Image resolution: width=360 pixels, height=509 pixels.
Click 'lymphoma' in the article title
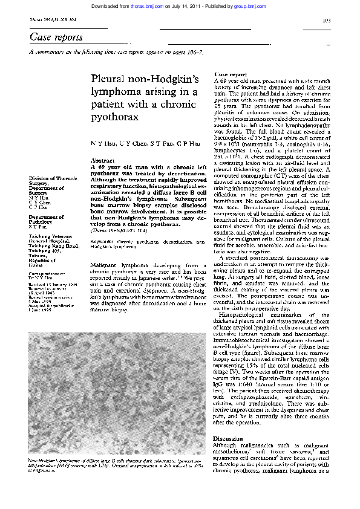coord(116,92)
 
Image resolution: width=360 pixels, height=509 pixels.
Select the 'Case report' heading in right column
coord(231,74)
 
